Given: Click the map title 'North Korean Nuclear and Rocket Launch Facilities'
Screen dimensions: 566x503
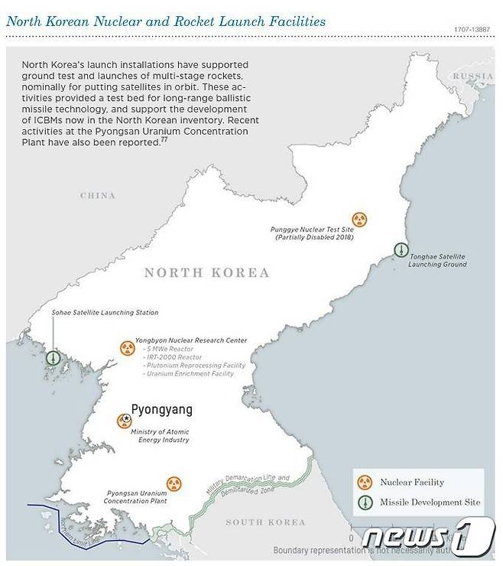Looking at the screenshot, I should tap(166, 21).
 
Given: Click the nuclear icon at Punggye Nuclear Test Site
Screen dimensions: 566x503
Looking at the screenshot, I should tap(359, 220).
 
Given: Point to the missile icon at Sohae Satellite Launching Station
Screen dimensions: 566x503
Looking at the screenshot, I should tap(53, 357).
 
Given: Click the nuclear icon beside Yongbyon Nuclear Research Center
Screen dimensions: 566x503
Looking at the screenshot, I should tap(126, 349).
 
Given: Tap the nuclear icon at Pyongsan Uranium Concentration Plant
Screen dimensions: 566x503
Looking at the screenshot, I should tap(175, 484).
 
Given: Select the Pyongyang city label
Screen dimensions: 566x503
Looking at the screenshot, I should tap(161, 410).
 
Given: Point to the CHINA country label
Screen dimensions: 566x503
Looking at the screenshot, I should tap(97, 196).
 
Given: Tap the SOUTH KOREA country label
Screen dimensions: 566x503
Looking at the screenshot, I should tap(264, 522).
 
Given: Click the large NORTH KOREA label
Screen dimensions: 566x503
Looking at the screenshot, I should tap(206, 272).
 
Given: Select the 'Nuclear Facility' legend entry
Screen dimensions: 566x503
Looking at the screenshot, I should tap(411, 483).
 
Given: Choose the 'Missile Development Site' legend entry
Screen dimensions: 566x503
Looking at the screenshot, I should tap(430, 503).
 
